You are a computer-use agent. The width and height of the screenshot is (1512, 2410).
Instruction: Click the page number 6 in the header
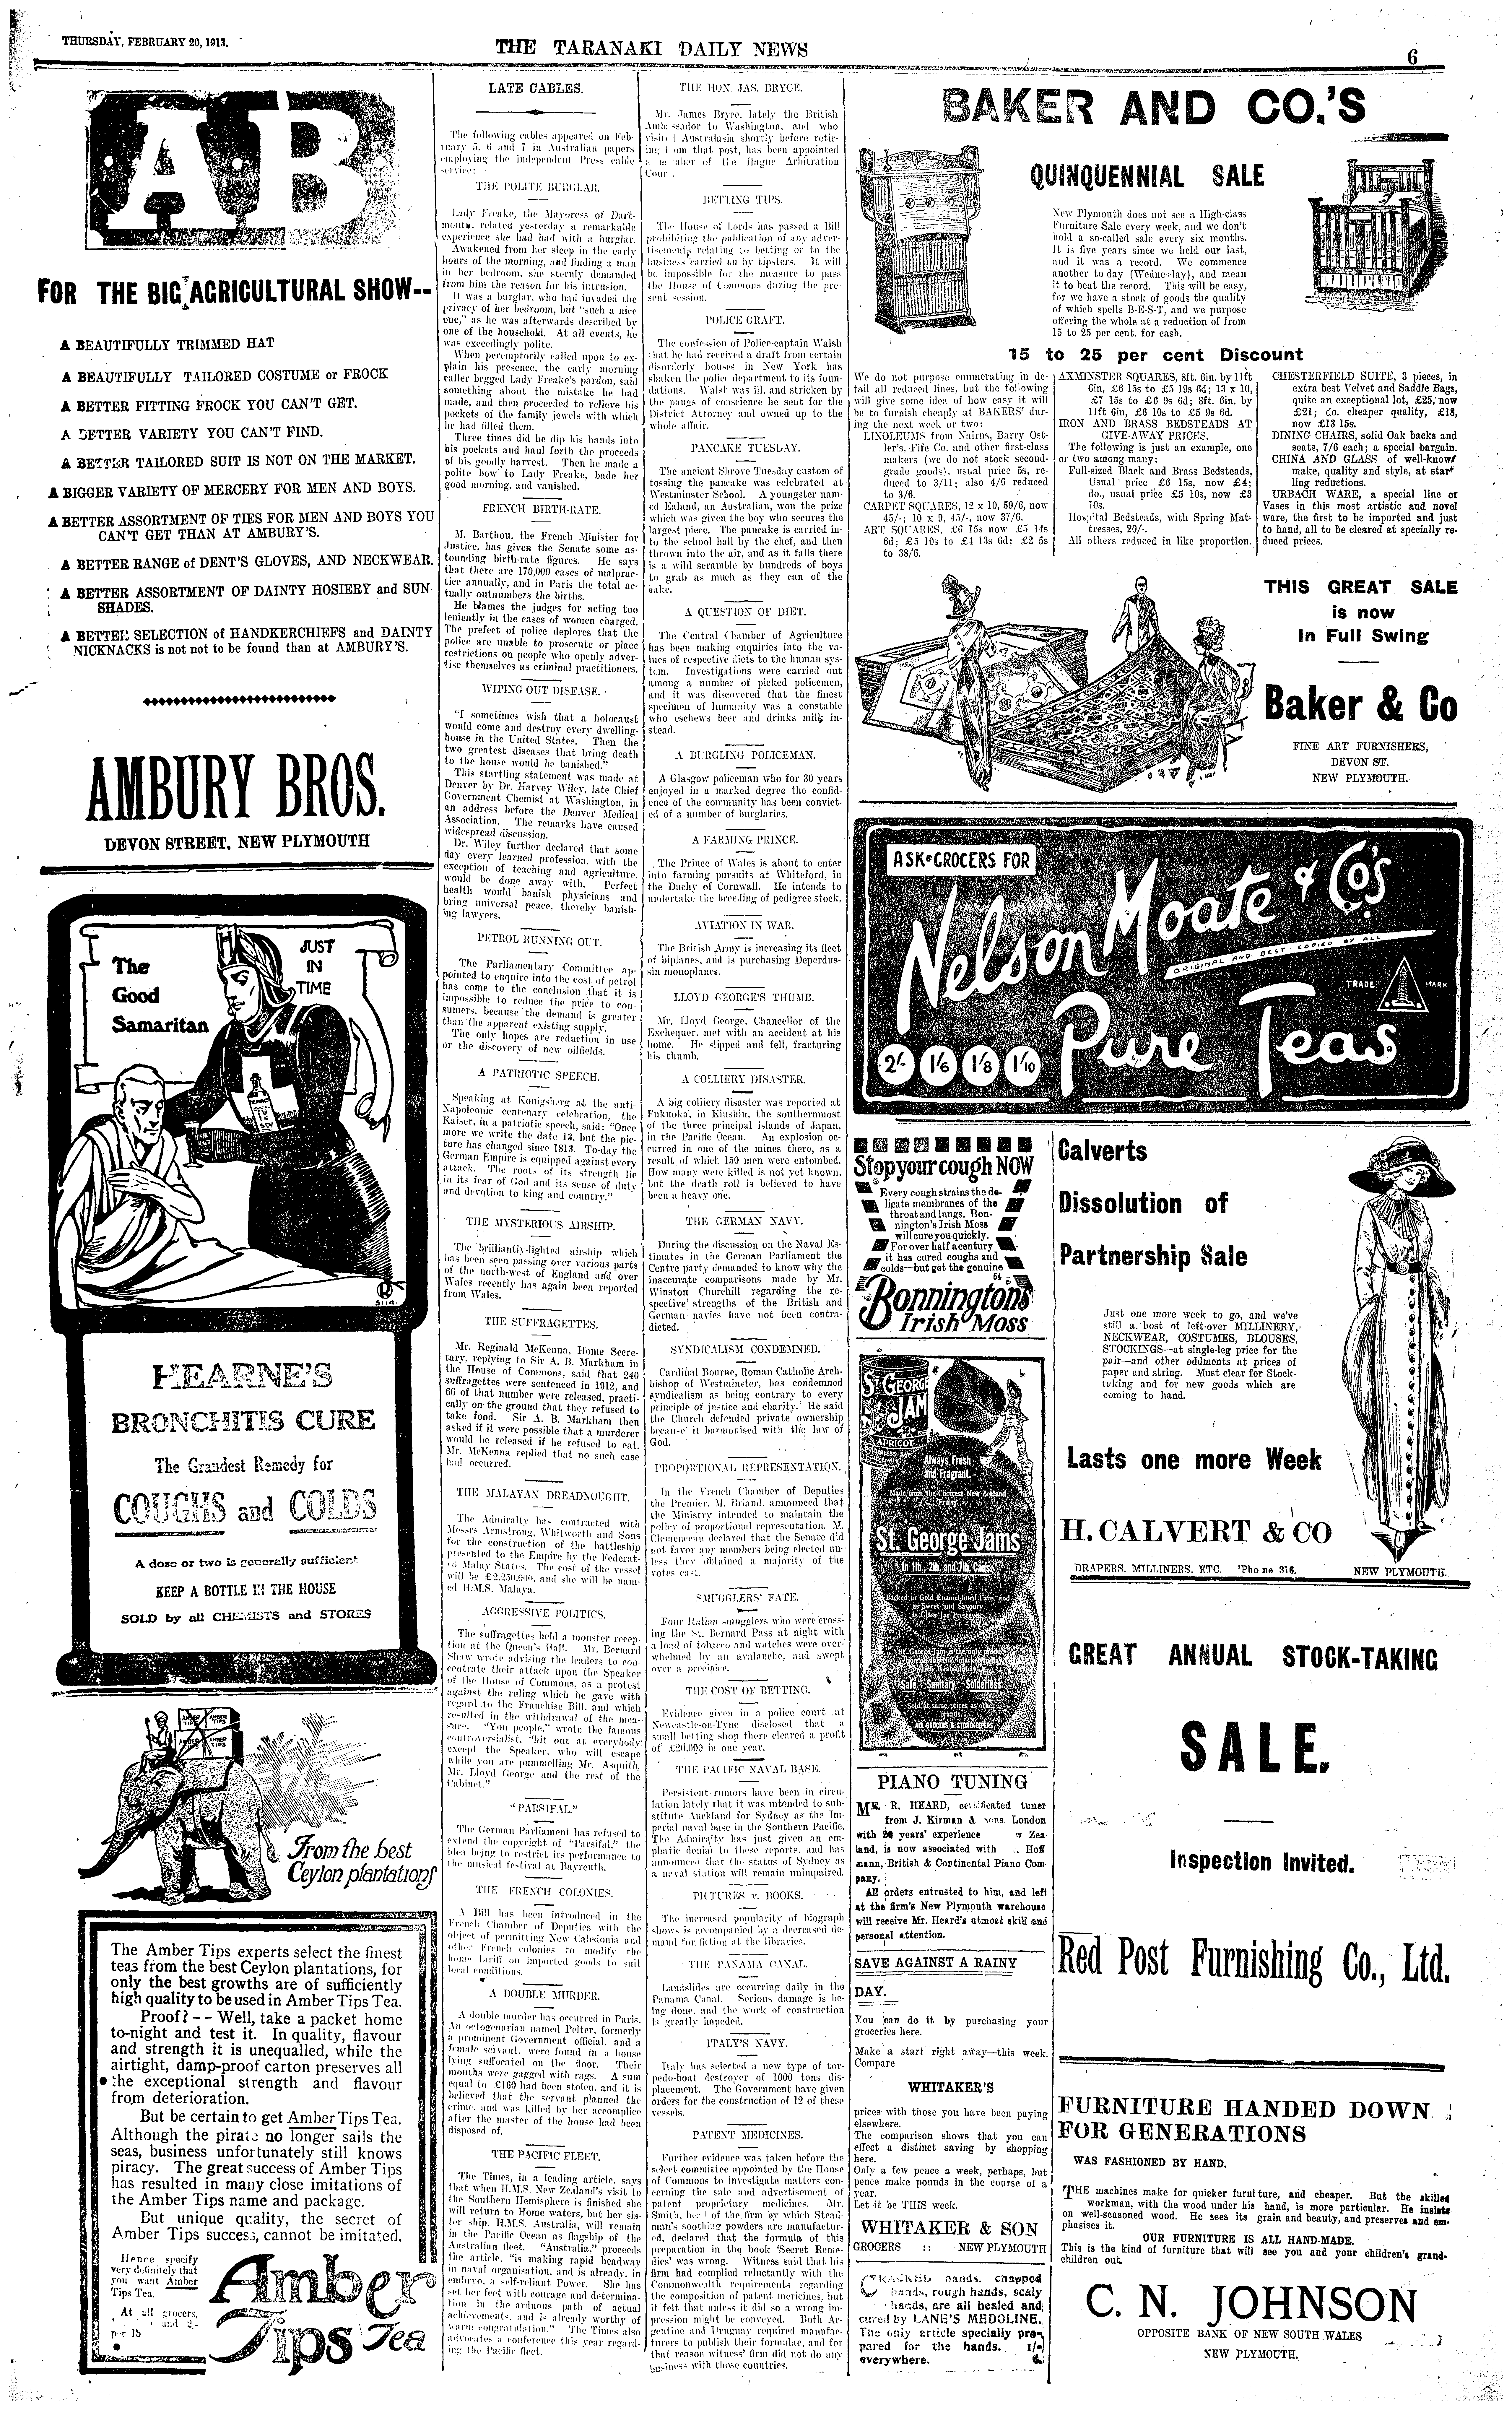click(x=1413, y=57)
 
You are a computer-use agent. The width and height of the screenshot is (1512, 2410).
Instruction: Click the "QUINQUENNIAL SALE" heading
click(x=1147, y=178)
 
